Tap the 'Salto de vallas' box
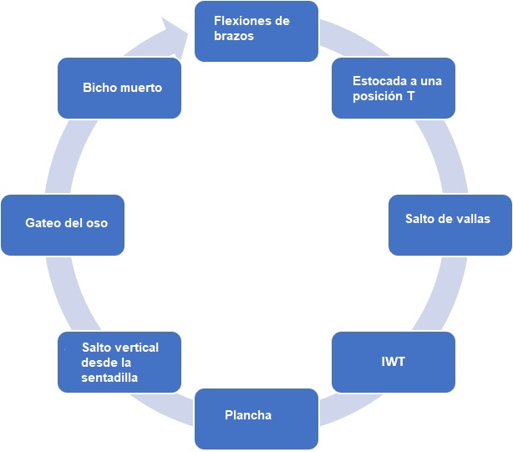click(450, 225)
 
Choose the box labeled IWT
click(394, 362)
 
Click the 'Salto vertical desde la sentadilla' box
click(119, 362)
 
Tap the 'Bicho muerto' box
click(119, 88)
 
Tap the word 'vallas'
click(472, 219)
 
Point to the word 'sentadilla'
click(109, 378)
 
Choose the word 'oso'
click(97, 223)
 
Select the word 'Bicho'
click(99, 87)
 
